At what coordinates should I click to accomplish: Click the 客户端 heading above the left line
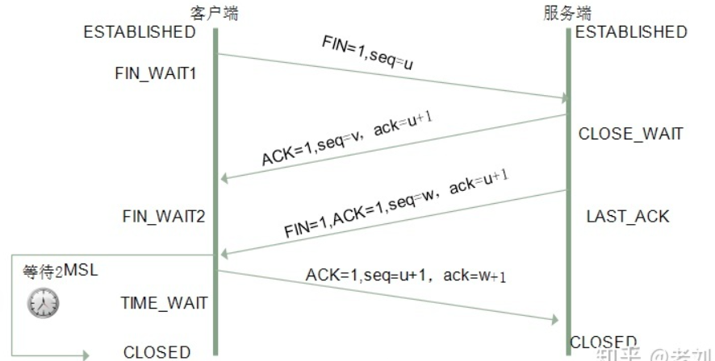215,13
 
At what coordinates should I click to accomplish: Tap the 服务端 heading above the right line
568,13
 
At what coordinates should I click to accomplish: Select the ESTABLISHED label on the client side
140,32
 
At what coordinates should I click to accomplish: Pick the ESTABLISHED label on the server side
631,32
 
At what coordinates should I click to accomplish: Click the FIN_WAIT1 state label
157,73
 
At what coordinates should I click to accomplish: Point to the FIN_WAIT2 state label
164,216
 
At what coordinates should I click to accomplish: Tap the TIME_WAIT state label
165,303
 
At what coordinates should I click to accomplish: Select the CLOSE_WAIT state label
630,134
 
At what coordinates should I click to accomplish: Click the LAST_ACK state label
628,216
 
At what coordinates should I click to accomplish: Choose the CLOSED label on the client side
157,352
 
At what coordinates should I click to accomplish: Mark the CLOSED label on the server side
604,342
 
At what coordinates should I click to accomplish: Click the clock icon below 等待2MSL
44,301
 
